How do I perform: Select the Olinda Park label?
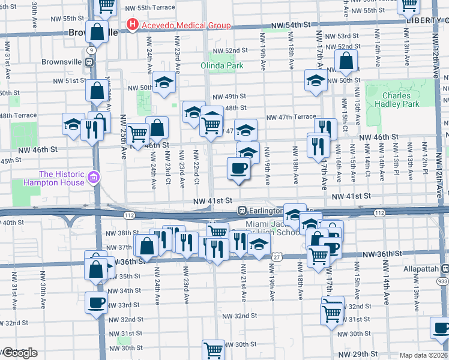(222, 64)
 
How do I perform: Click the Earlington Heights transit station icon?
(242, 210)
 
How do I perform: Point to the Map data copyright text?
(424, 355)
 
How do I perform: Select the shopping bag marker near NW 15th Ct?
(346, 61)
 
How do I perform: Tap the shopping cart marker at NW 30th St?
(212, 349)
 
